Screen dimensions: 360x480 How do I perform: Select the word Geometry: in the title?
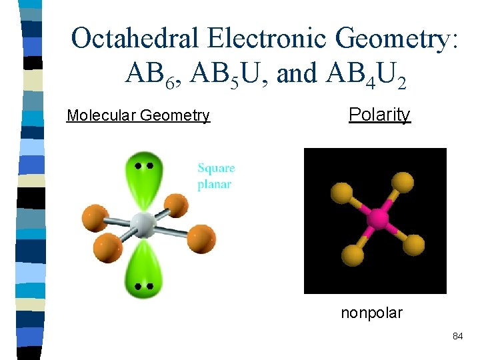(398, 39)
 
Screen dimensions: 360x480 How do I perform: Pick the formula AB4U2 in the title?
(365, 75)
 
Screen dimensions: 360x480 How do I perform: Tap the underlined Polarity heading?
(379, 115)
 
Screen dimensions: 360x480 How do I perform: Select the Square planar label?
(216, 177)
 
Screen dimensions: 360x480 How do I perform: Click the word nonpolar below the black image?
(371, 312)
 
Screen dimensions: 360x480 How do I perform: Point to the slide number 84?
(457, 337)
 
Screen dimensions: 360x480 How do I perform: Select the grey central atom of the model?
(142, 224)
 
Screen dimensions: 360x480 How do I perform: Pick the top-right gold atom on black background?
(403, 181)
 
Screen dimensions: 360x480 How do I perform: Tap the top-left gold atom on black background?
(340, 192)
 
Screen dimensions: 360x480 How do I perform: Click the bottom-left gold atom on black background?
(351, 254)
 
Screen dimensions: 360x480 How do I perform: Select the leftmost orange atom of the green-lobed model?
(95, 218)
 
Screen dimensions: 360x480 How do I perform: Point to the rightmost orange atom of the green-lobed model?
(201, 238)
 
